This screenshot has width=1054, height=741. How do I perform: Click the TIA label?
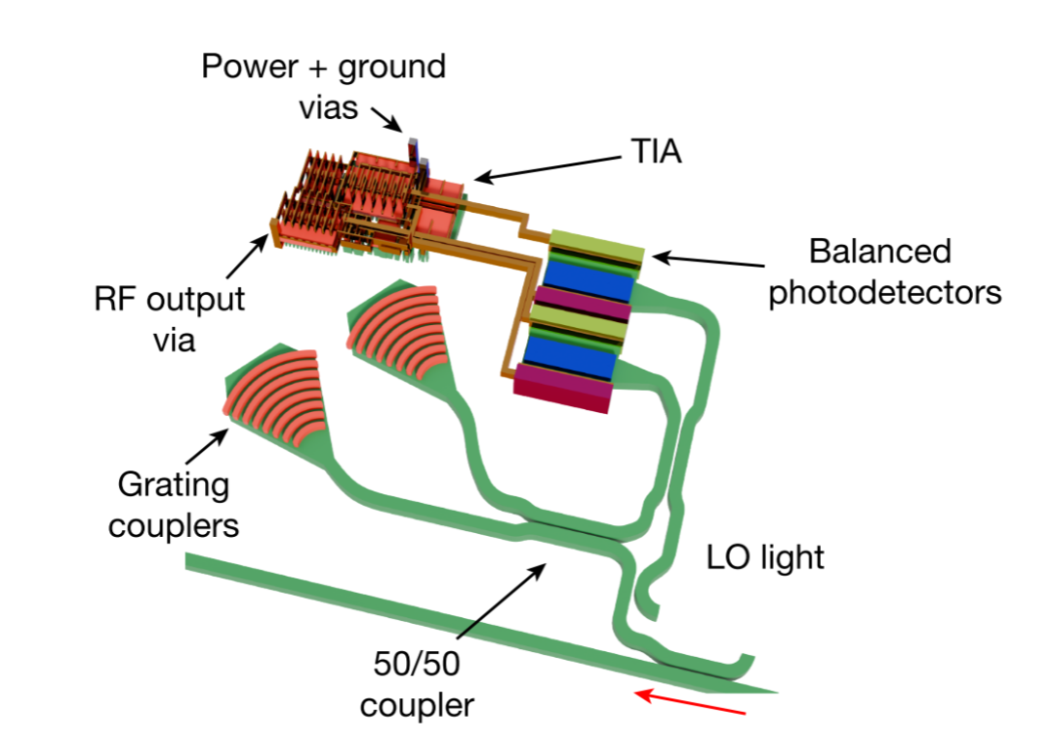(656, 151)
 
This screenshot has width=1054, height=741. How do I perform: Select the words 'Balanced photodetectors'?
(884, 272)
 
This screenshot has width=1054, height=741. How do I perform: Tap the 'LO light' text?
(765, 558)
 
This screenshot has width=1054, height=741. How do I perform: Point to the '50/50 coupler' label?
(417, 684)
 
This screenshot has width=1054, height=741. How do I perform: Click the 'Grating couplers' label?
(174, 506)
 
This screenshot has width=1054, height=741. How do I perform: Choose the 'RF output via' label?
(170, 319)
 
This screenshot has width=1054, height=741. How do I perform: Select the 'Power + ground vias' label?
(324, 88)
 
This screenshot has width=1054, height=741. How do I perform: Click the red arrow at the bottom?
(690, 702)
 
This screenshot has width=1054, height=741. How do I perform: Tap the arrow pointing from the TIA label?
(547, 169)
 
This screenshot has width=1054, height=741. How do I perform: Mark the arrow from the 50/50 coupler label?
(502, 601)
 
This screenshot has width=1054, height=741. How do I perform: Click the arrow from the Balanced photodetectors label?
(708, 261)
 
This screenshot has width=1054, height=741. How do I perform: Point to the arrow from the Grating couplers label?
(207, 446)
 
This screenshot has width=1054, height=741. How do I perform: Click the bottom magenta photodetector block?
(563, 389)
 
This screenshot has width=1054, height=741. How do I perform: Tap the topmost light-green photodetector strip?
(597, 246)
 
